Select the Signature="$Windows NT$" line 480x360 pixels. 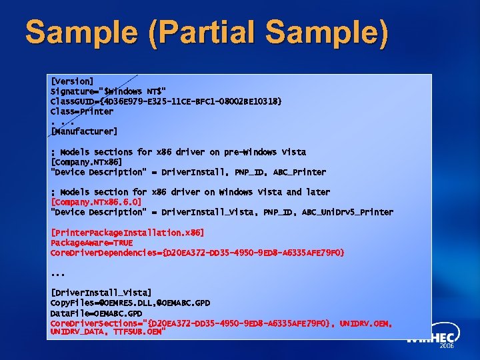[109, 91]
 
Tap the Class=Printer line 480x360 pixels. [82, 111]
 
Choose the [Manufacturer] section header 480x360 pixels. [84, 131]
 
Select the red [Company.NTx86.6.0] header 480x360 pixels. [96, 202]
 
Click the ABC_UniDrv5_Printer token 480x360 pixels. [347, 212]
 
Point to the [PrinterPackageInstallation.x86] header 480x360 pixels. [127, 233]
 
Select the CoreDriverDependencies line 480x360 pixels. [197, 253]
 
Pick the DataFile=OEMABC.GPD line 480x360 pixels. [97, 313]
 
